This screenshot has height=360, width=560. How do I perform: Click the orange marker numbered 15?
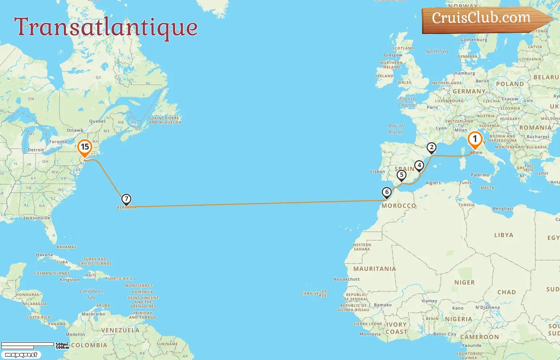[x=85, y=147]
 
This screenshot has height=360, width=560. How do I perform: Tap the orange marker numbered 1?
[x=475, y=140]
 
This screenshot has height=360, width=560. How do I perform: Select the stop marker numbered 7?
[x=126, y=199]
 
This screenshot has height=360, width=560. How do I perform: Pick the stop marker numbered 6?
[x=386, y=192]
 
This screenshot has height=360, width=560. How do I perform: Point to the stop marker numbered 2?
[x=431, y=148]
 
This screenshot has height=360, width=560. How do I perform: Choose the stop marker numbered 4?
[x=419, y=166]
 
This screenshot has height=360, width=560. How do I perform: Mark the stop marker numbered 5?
[x=402, y=175]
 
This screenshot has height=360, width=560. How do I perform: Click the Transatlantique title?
[x=106, y=27]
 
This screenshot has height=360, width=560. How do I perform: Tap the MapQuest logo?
[x=21, y=355]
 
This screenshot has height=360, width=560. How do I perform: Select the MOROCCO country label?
[x=398, y=206]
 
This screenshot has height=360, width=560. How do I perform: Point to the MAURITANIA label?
[x=374, y=269]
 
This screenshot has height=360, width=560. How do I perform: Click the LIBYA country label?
[x=504, y=235]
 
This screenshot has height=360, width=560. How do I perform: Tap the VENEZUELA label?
[x=120, y=330]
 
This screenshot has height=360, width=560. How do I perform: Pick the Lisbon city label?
[x=377, y=172]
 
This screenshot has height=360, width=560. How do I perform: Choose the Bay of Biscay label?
[x=395, y=129]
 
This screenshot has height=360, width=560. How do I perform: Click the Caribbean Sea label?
[x=92, y=294]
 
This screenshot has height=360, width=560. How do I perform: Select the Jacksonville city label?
[x=37, y=218]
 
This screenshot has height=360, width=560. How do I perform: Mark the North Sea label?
[x=436, y=52]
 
